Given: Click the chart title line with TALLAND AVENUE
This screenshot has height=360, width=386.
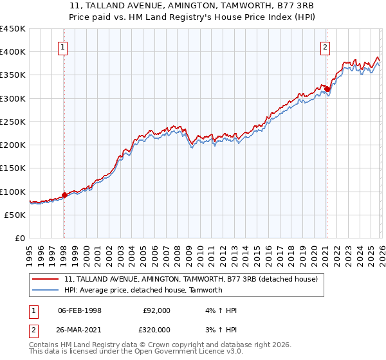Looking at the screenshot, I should (192, 6).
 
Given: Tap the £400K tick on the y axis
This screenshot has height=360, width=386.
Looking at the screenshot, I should (13, 51).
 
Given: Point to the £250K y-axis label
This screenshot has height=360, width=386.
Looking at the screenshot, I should (13, 122).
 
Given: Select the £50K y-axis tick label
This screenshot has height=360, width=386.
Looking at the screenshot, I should (15, 215).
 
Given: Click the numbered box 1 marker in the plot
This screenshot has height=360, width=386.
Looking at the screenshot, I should (64, 46).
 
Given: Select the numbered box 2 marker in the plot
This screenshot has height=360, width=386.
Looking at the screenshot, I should (326, 46).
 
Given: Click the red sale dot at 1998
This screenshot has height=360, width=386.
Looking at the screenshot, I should (64, 195).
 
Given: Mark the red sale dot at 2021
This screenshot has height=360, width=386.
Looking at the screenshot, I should (327, 89).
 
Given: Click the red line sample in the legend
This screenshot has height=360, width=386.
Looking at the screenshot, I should (45, 280).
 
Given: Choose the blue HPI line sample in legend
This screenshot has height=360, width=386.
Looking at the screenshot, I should (45, 290).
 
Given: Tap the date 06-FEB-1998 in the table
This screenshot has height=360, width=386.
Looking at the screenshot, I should (80, 310).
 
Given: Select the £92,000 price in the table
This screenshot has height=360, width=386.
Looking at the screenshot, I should (156, 310).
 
